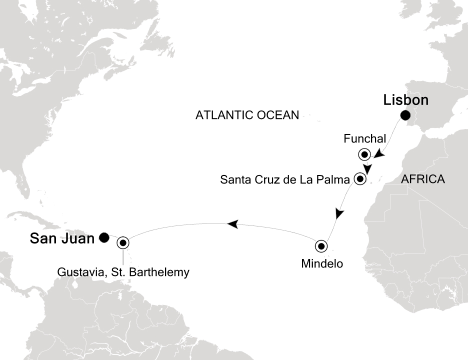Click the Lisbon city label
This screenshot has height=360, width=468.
pos(405,100)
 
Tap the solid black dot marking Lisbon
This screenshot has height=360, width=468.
pos(405,116)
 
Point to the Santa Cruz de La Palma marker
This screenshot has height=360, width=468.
pos(359,179)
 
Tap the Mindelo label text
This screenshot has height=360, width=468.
pos(322,263)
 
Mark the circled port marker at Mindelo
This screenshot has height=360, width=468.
pos(321,246)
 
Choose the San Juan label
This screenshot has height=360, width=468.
pos(62,238)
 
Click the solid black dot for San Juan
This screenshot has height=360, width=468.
pos(103,238)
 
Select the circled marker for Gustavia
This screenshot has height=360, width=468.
pos(123,243)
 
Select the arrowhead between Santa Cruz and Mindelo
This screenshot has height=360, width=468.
pos(339,213)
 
